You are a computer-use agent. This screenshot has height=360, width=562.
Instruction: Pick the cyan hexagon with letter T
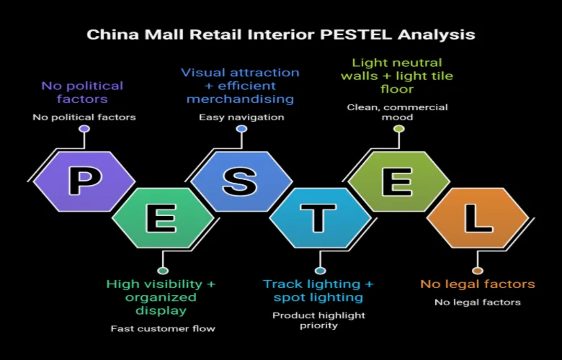[320, 218]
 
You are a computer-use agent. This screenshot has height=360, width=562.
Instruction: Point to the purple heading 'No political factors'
[82, 92]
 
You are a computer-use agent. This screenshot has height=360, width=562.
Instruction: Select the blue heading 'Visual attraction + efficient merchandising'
[240, 85]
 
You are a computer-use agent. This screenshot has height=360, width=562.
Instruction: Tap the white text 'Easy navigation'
[241, 117]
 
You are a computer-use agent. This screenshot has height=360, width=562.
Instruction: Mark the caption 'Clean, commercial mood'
[398, 112]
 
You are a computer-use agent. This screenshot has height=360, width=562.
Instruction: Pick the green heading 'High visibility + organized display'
[161, 297]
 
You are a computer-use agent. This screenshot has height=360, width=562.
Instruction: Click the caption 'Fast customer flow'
[163, 328]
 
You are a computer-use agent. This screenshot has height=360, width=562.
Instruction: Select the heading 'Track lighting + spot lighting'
[318, 291]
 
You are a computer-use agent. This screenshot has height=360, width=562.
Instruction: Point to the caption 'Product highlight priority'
[318, 320]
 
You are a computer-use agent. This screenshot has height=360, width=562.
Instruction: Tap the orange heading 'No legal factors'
[478, 284]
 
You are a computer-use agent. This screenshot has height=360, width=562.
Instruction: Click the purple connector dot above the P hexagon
[84, 129]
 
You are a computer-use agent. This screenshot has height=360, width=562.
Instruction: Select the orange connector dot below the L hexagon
[477, 271]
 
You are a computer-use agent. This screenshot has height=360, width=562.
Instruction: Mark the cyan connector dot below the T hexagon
[320, 271]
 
